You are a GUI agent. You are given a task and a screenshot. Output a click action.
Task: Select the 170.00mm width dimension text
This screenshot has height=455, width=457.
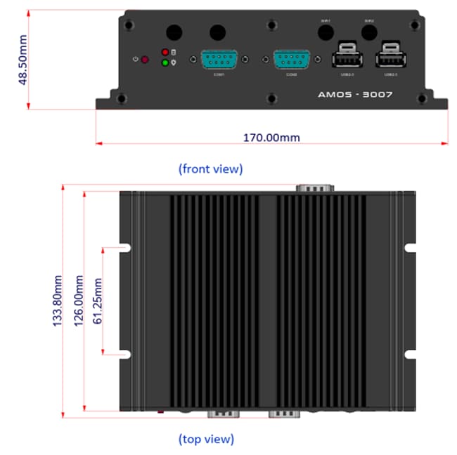tap(271, 137)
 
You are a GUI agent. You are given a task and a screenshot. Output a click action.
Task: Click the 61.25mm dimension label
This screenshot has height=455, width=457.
tap(98, 301)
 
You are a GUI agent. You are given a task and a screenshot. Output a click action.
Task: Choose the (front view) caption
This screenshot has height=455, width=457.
tap(210, 169)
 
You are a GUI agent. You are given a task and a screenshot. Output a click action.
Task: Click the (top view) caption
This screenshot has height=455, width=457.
tap(205, 440)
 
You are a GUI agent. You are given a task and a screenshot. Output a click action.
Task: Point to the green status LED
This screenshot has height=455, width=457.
tap(165, 63)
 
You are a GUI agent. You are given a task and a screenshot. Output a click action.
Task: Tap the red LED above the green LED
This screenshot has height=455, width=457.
tap(165, 53)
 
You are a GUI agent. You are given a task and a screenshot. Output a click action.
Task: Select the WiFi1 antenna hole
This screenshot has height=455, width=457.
tap(326, 32)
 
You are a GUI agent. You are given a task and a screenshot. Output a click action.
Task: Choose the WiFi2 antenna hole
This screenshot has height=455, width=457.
tap(369, 32)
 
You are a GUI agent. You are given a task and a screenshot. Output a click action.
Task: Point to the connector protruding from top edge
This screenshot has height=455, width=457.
tap(314, 187)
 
